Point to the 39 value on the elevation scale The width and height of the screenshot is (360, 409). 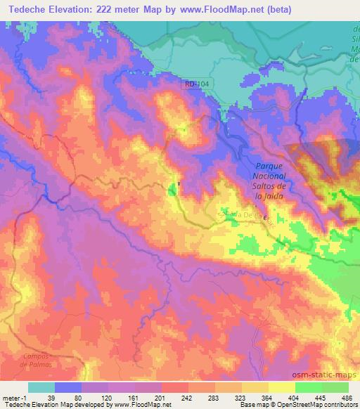tap(41, 397)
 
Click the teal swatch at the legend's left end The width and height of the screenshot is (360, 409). tap(41, 387)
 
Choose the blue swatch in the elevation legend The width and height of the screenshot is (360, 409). tap(68, 387)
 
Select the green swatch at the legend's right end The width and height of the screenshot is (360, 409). tap(335, 387)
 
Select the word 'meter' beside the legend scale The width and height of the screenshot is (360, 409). tap(10, 397)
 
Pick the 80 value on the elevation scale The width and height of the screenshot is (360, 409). tap(69, 397)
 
